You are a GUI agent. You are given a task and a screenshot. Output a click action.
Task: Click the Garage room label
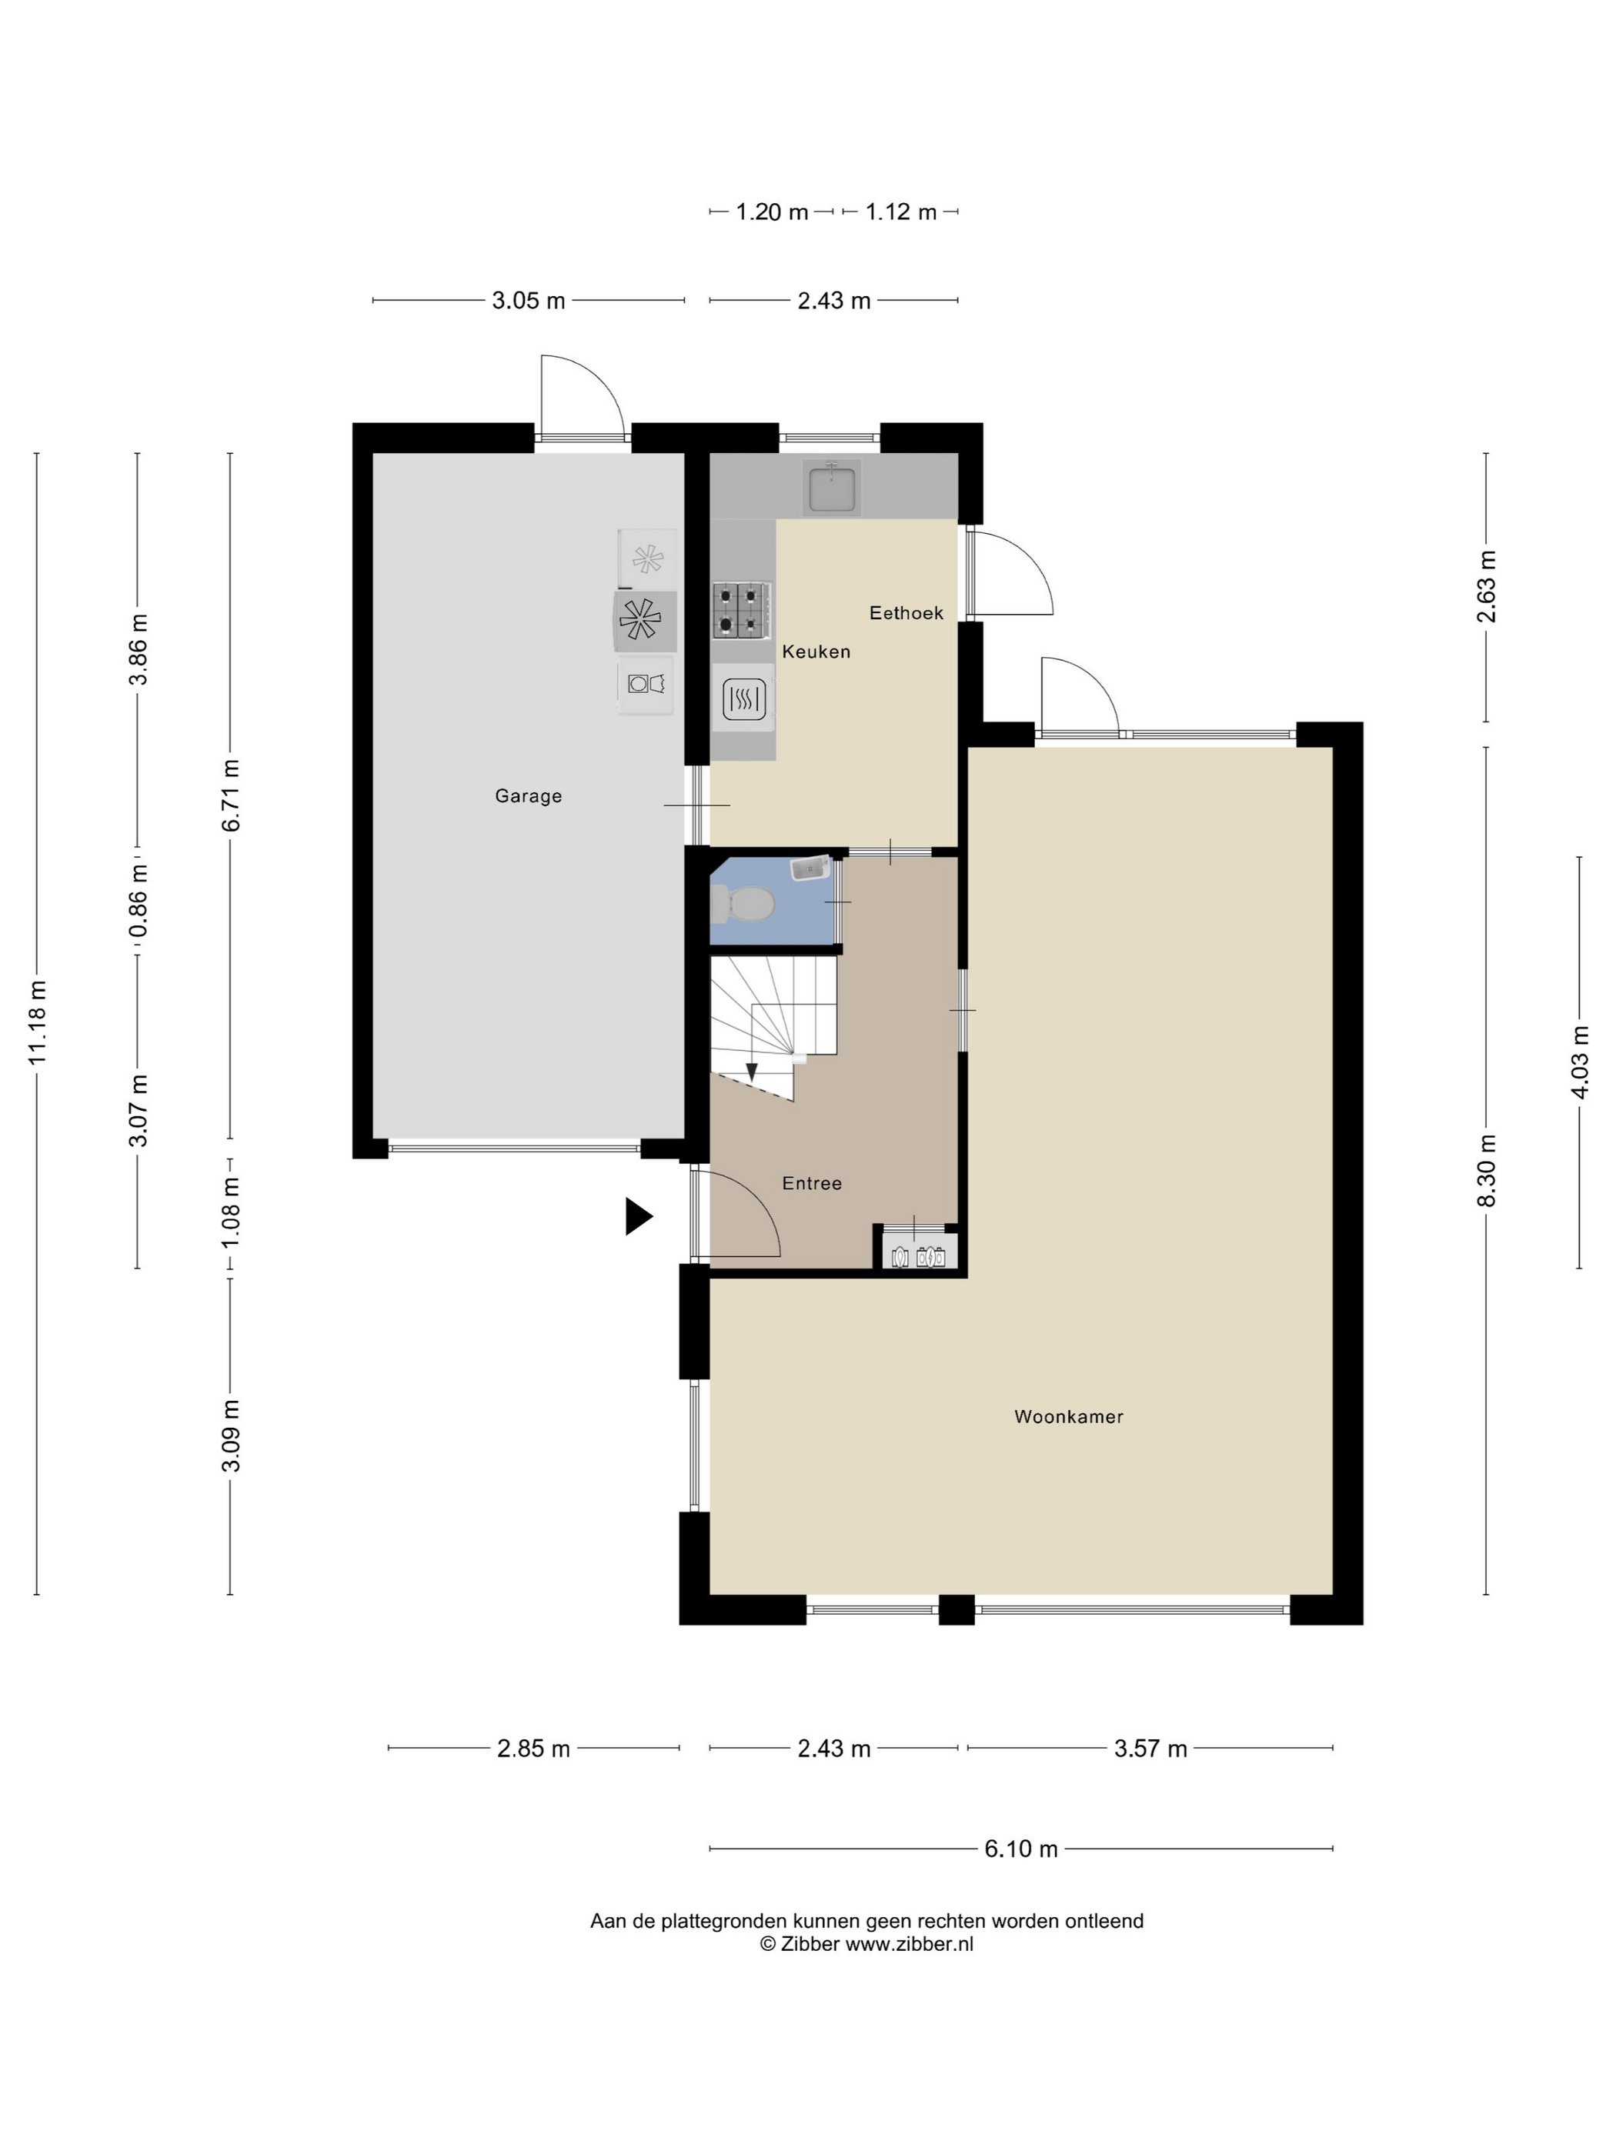click(x=528, y=795)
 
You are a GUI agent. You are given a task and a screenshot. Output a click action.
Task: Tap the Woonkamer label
click(x=1069, y=1417)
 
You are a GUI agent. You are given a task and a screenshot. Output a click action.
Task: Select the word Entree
click(x=811, y=1183)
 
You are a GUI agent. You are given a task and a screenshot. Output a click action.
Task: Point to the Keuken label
click(x=816, y=652)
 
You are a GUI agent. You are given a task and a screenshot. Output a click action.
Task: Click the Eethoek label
click(x=906, y=612)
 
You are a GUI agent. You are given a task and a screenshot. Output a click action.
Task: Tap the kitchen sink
click(x=832, y=488)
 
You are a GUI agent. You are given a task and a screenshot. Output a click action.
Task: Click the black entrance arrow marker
click(x=638, y=1216)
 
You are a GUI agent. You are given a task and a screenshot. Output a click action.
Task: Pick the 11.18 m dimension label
click(x=37, y=1022)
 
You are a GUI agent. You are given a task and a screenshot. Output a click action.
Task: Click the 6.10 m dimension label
click(x=1021, y=1849)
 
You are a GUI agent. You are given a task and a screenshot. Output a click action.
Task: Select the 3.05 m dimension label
click(x=528, y=301)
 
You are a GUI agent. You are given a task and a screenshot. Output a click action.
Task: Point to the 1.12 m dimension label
click(x=901, y=212)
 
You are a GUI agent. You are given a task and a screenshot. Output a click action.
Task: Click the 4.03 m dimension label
click(x=1579, y=1062)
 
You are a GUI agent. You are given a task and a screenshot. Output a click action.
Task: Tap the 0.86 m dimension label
click(x=137, y=901)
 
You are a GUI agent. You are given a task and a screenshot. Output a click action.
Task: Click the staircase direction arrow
click(x=751, y=1072)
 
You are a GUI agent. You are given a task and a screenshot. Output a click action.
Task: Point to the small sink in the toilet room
click(x=810, y=868)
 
